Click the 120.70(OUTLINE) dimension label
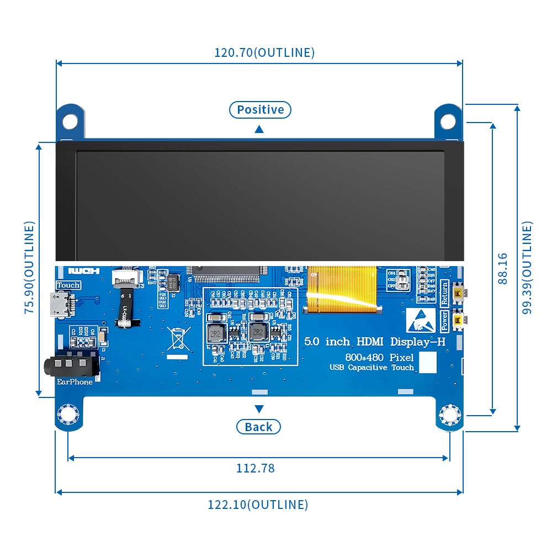point(264,52)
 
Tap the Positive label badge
point(260,110)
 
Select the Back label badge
point(258,427)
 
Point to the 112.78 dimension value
point(256,468)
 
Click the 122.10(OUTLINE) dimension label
point(258,505)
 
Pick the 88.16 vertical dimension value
point(502,268)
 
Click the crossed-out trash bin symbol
point(179,338)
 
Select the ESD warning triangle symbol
point(421,320)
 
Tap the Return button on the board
point(458,293)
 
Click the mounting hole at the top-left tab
point(70,120)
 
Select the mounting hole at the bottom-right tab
point(449,415)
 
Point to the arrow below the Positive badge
point(259,129)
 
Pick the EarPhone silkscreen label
point(75,381)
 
